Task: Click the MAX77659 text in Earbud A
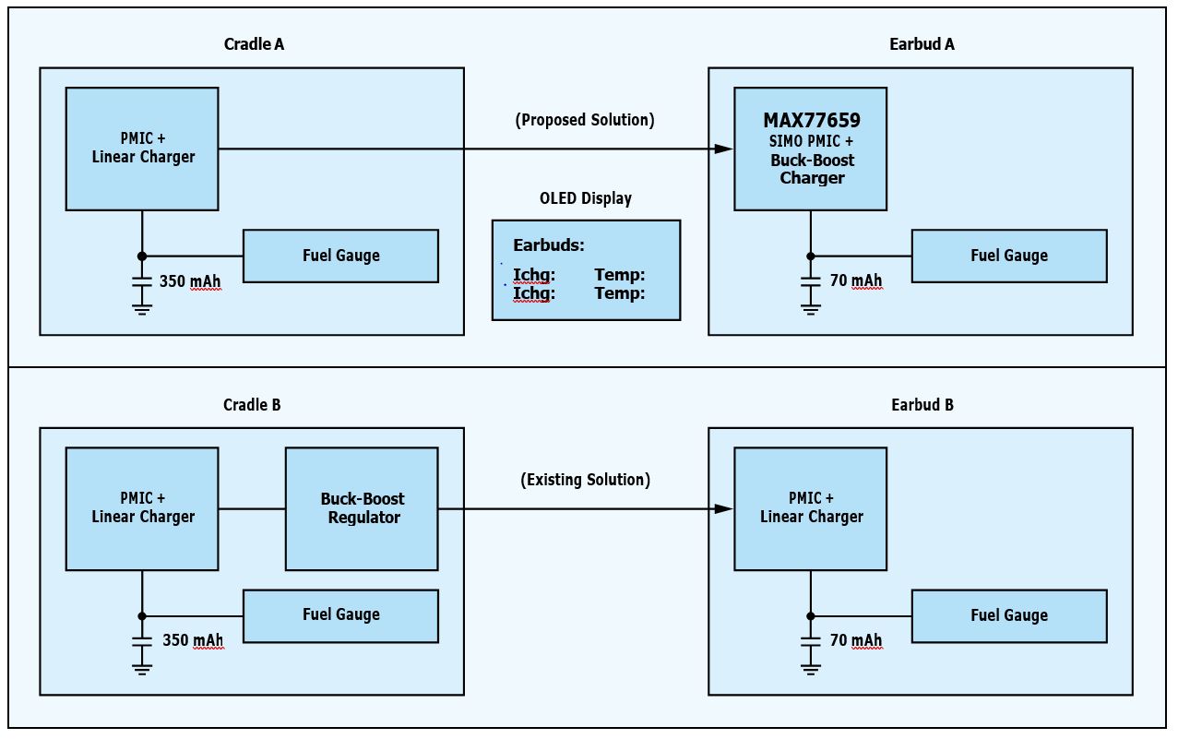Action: coord(811,121)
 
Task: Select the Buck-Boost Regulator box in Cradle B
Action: coord(362,508)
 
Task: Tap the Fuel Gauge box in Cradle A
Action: coord(340,256)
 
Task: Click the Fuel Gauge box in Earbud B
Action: coord(1008,615)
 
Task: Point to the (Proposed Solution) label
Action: coord(586,120)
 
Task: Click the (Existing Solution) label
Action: coord(586,480)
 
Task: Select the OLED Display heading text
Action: coord(586,198)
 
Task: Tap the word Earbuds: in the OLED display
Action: coord(549,245)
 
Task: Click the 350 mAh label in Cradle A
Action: coord(190,280)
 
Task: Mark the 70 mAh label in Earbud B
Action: coord(855,640)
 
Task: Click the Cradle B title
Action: coord(252,405)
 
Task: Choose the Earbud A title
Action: coord(922,44)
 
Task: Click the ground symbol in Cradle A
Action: coord(141,308)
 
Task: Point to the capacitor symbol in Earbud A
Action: coord(810,280)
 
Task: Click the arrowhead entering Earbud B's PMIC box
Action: coord(725,508)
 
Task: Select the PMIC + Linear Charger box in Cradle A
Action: coord(142,149)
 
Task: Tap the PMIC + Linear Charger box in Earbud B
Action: coord(810,508)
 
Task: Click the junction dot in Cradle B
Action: coord(141,615)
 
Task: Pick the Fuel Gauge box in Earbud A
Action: coord(1008,256)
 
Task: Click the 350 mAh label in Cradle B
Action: coord(192,640)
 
